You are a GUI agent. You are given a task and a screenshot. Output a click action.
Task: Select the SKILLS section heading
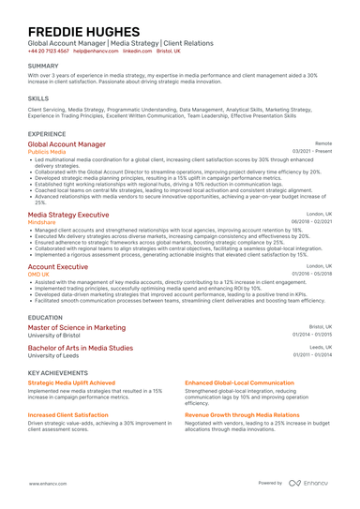click(x=38, y=97)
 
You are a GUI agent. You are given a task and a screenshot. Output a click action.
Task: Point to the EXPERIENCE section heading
click(x=47, y=134)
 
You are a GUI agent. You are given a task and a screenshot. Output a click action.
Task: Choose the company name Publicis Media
click(x=49, y=151)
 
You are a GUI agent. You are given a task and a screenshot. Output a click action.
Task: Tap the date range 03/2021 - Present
click(x=312, y=151)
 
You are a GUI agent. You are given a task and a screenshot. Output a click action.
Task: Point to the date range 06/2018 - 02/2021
click(x=312, y=220)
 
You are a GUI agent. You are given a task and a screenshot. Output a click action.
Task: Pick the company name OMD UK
click(x=38, y=273)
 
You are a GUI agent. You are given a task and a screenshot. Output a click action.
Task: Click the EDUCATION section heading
click(x=46, y=318)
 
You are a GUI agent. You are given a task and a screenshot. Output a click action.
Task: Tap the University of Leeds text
click(x=54, y=355)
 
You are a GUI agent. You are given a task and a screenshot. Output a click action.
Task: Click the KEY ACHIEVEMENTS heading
click(x=60, y=373)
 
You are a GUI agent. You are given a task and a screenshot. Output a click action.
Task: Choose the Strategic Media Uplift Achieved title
click(x=72, y=383)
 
